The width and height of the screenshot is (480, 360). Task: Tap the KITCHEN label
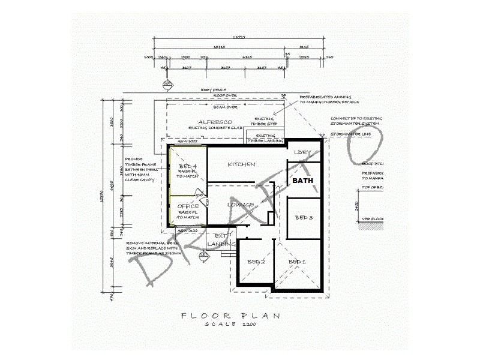[x=241, y=164]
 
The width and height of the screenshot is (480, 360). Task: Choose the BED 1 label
[x=297, y=262]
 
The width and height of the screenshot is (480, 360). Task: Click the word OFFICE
[x=188, y=206]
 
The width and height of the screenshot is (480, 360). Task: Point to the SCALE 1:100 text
[x=230, y=324]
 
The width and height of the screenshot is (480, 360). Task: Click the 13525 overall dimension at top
[x=239, y=37]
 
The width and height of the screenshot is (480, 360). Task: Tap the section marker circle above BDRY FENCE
[x=167, y=83]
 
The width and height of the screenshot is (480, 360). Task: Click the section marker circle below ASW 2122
[x=203, y=254]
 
